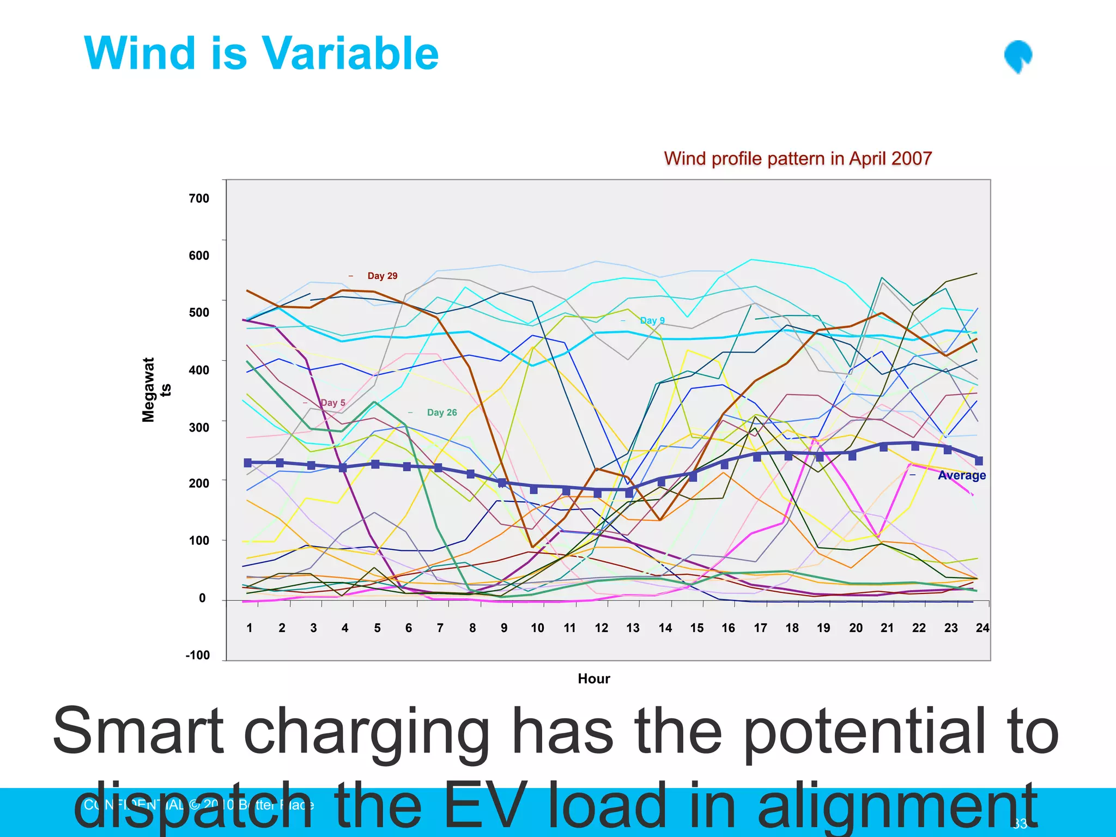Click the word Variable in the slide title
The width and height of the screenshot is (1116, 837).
[x=350, y=53]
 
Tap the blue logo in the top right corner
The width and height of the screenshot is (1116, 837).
[x=1018, y=57]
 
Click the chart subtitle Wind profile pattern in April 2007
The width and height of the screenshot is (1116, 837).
[x=798, y=159]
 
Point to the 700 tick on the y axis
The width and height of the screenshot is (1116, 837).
[x=199, y=198]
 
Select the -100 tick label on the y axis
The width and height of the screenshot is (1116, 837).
[x=197, y=655]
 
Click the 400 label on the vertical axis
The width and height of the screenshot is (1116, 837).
[x=199, y=370]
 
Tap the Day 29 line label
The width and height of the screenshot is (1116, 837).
[x=382, y=276]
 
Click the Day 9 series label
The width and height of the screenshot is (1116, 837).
[x=652, y=320]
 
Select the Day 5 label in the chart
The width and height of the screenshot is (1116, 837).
[x=332, y=403]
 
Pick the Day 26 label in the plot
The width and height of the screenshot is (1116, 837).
[x=441, y=413]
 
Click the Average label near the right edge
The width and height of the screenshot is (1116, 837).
[x=961, y=475]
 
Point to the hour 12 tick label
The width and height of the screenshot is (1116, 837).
[x=601, y=628]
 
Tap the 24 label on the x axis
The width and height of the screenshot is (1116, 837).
[x=982, y=628]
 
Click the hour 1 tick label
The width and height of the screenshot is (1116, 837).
[x=249, y=628]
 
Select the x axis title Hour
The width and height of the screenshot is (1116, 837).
[x=593, y=678]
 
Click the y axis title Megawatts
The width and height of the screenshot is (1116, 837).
[x=155, y=390]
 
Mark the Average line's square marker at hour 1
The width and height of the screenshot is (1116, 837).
[x=248, y=463]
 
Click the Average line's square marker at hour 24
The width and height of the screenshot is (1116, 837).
[x=979, y=461]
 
